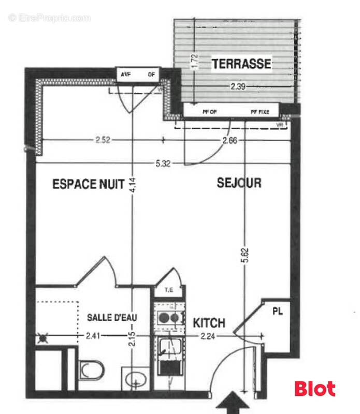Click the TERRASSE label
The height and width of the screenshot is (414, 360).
(x=241, y=64)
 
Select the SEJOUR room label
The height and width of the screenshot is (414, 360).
(x=239, y=183)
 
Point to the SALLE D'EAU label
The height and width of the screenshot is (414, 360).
(x=111, y=317)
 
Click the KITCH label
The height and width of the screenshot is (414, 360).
(x=209, y=323)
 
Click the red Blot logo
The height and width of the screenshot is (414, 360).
(x=314, y=389)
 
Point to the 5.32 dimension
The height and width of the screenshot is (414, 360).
(x=162, y=163)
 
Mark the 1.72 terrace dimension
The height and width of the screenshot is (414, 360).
(x=194, y=62)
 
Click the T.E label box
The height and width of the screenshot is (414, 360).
(x=169, y=290)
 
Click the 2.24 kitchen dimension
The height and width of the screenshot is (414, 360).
(x=209, y=336)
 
